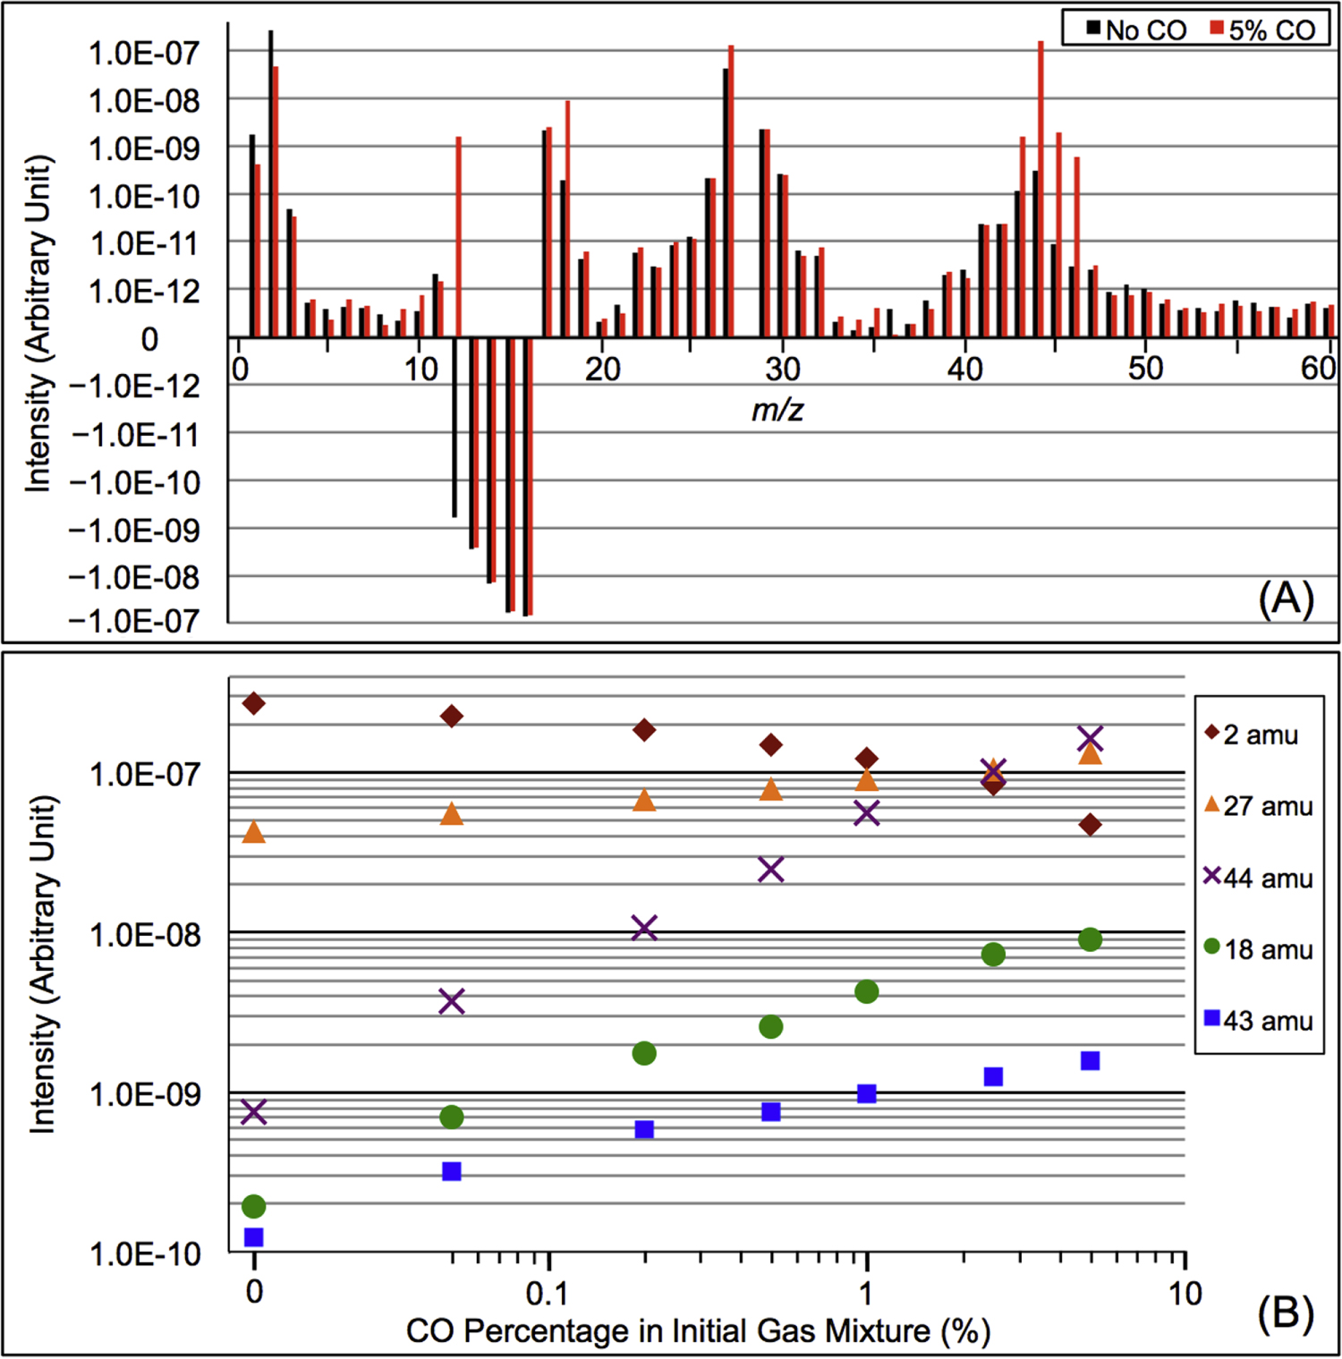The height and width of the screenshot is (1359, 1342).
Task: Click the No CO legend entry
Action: (x=1137, y=30)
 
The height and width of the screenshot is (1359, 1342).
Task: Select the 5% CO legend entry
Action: (x=1262, y=30)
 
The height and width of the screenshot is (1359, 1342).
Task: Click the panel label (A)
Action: (x=1286, y=598)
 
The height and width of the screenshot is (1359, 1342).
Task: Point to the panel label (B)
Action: (x=1286, y=1312)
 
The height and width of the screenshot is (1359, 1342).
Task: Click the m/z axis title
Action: (x=777, y=410)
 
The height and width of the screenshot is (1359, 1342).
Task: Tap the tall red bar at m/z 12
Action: (x=459, y=237)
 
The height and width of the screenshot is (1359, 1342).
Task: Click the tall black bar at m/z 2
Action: (x=270, y=183)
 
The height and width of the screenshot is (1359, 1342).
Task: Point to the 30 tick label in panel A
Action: (x=783, y=369)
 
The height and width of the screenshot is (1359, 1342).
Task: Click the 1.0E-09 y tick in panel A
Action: (x=144, y=149)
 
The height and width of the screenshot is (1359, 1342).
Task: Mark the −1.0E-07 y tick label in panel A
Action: (x=135, y=621)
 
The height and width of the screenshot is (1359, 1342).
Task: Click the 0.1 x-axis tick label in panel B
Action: (x=547, y=1294)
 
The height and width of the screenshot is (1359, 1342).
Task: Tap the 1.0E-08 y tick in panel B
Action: (x=144, y=935)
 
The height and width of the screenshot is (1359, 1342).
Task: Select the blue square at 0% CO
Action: (x=254, y=1237)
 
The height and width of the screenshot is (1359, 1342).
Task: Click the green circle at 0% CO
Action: (x=254, y=1207)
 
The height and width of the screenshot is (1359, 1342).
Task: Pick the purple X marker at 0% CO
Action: (x=254, y=1112)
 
